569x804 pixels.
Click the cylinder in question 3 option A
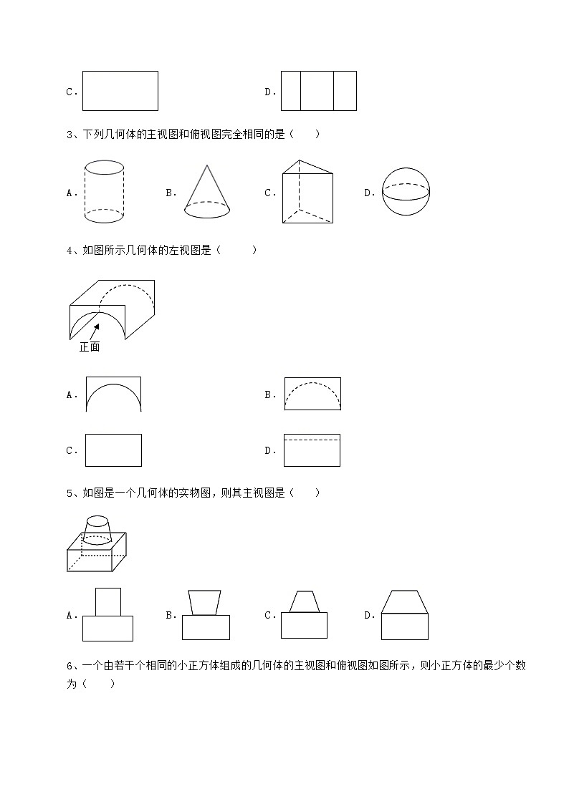104,192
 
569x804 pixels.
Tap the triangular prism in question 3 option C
307,191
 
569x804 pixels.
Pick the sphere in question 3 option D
406,191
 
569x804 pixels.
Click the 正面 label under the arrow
90,347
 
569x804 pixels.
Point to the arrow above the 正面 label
94,330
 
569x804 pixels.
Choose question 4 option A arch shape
113,394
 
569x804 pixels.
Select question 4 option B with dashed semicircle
312,394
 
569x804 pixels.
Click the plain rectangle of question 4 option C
113,450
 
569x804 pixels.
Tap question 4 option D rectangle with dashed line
312,450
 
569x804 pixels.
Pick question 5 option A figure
107,614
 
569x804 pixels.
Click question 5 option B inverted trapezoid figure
205,614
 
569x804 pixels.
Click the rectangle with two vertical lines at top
318,91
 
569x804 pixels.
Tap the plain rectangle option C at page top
120,91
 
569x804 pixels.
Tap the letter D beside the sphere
368,193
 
